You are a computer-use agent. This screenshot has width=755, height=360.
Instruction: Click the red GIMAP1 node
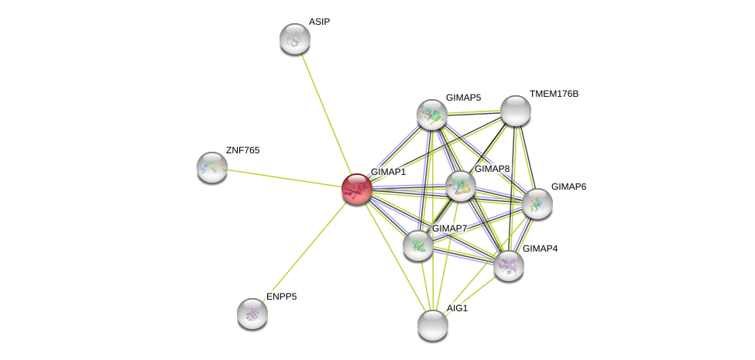356,188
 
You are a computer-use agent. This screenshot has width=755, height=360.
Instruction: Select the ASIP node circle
294,39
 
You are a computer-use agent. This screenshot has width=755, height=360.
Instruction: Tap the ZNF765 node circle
211,167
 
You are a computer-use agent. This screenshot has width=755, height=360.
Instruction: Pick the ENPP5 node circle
252,313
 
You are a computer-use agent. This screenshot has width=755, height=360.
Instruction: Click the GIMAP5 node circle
431,115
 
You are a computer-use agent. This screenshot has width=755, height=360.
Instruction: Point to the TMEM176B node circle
515,111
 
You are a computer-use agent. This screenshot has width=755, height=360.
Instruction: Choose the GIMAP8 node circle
460,186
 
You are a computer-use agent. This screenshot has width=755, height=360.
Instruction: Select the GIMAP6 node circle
537,203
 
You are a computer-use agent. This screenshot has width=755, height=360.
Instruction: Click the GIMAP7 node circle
417,245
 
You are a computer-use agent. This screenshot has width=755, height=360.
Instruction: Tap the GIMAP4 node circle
508,266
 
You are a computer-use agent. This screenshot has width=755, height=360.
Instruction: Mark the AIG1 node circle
432,324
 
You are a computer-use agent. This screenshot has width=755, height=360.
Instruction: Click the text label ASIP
319,22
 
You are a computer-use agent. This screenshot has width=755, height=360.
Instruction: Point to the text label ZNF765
242,150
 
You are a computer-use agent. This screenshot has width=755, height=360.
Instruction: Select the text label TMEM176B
554,94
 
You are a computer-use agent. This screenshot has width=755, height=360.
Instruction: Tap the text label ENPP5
281,297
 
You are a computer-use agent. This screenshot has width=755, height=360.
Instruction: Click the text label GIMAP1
388,172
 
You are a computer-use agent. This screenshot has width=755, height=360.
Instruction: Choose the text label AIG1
457,308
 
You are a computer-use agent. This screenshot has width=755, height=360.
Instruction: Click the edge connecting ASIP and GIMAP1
325,113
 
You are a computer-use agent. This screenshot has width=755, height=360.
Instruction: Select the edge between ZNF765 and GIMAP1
283,177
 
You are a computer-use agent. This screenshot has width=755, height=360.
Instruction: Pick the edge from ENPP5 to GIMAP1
304,250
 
